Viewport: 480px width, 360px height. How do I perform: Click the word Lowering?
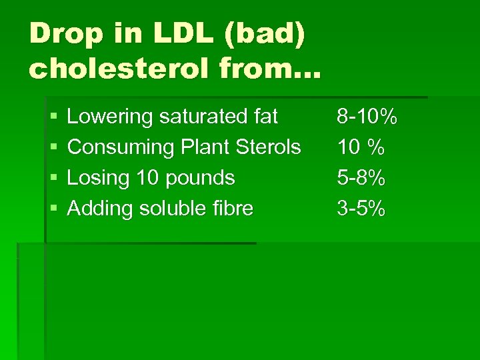click(111, 117)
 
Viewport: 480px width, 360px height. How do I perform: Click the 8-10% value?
click(367, 117)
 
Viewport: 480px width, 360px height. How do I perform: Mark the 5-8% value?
click(361, 178)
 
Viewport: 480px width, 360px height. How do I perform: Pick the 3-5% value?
click(361, 209)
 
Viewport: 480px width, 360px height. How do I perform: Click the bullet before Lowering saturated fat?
click(53, 117)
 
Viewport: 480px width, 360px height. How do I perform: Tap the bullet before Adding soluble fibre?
click(53, 209)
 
